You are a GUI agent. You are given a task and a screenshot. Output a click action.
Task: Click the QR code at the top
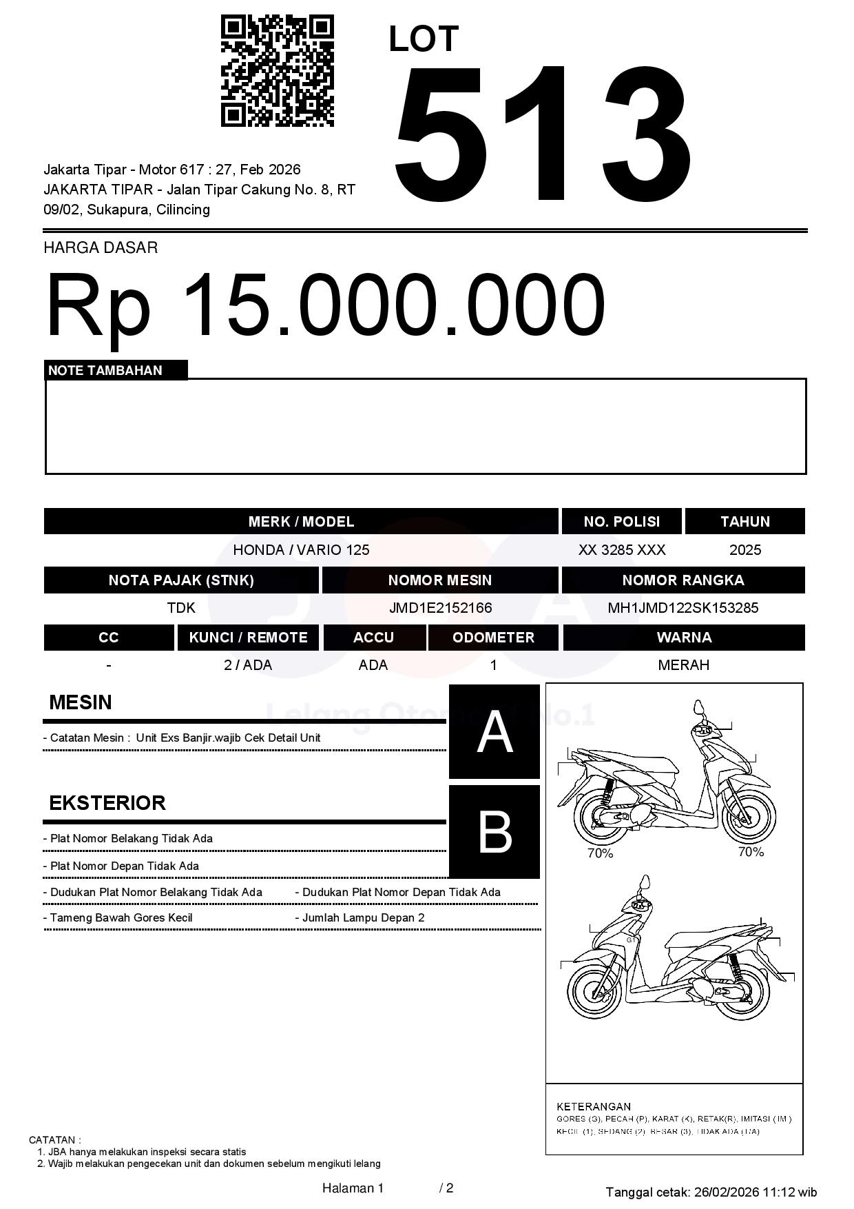(277, 71)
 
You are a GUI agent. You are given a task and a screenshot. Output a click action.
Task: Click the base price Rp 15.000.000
(325, 305)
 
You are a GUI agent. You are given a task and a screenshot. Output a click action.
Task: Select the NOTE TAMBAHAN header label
(105, 371)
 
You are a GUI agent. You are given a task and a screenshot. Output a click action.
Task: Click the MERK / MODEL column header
(301, 522)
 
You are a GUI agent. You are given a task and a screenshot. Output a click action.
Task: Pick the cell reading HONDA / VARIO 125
(301, 550)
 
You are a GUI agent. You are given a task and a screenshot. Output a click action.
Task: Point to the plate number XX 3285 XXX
(622, 550)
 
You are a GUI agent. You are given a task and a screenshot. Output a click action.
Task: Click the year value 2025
(745, 550)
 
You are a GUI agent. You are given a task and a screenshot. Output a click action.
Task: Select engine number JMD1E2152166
(440, 608)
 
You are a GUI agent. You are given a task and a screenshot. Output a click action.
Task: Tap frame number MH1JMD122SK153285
(683, 608)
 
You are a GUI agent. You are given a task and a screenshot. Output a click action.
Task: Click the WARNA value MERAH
(683, 665)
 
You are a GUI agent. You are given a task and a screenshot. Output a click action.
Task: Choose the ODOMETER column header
(493, 638)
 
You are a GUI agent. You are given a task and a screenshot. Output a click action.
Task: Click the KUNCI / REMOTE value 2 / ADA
(248, 665)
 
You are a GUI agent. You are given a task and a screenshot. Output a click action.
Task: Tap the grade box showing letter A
(494, 732)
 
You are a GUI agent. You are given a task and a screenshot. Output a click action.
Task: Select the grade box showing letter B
(494, 832)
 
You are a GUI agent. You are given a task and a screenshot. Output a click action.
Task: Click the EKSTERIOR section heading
(107, 803)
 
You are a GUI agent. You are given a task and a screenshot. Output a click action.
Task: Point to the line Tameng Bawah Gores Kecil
(121, 918)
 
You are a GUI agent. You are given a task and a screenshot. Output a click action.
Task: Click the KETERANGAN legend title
(594, 1106)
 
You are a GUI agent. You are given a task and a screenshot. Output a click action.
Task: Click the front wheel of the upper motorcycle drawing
(749, 817)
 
